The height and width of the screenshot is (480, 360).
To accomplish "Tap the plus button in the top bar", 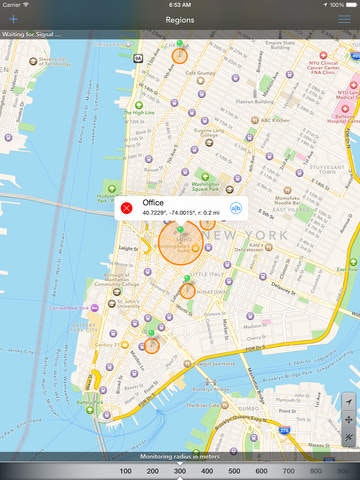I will click(13, 19).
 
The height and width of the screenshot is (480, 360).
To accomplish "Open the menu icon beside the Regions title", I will click(346, 19).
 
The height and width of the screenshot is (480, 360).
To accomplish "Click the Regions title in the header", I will click(180, 19).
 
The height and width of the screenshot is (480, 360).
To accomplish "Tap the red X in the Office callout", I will click(127, 208).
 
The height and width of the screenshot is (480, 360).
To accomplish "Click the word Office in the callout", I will click(155, 203).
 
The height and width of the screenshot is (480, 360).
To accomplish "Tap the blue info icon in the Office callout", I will click(237, 208).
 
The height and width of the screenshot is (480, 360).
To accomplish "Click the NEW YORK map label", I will click(258, 235).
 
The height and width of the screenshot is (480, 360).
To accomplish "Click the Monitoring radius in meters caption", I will click(180, 456).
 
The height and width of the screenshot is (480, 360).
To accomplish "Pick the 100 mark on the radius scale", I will click(125, 470).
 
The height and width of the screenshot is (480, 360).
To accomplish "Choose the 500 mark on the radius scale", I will click(234, 470).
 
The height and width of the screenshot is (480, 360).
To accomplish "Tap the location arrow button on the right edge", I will click(348, 401).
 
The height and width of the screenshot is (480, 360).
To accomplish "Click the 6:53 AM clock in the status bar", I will click(180, 5).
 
